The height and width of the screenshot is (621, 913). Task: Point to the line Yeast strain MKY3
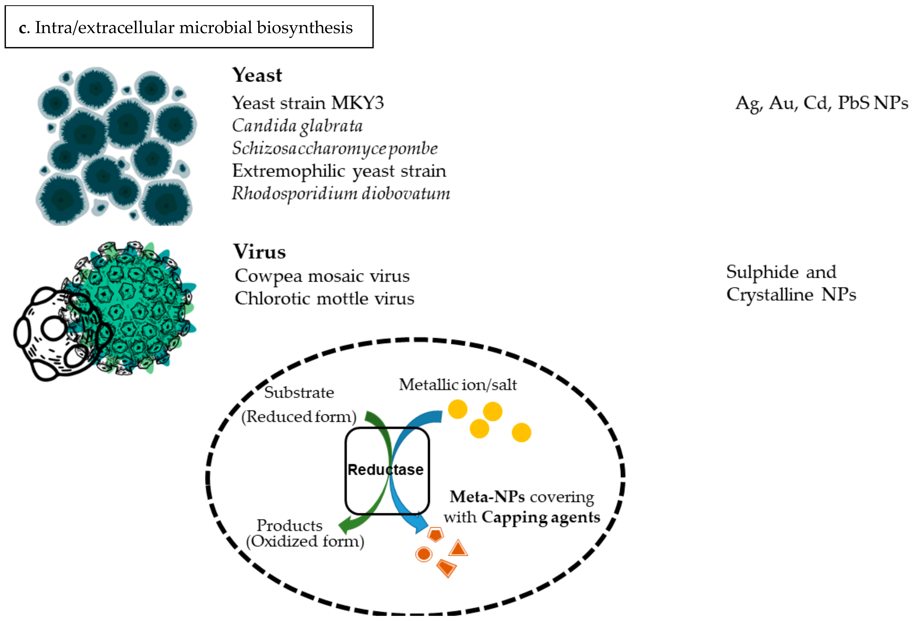point(308,103)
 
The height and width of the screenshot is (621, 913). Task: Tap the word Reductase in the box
point(385,470)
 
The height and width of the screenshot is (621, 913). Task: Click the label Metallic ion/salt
point(458,385)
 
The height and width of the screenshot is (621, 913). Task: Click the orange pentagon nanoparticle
point(435,534)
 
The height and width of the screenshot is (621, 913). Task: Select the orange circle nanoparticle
point(424,554)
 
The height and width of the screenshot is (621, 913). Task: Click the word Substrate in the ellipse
point(299,392)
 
